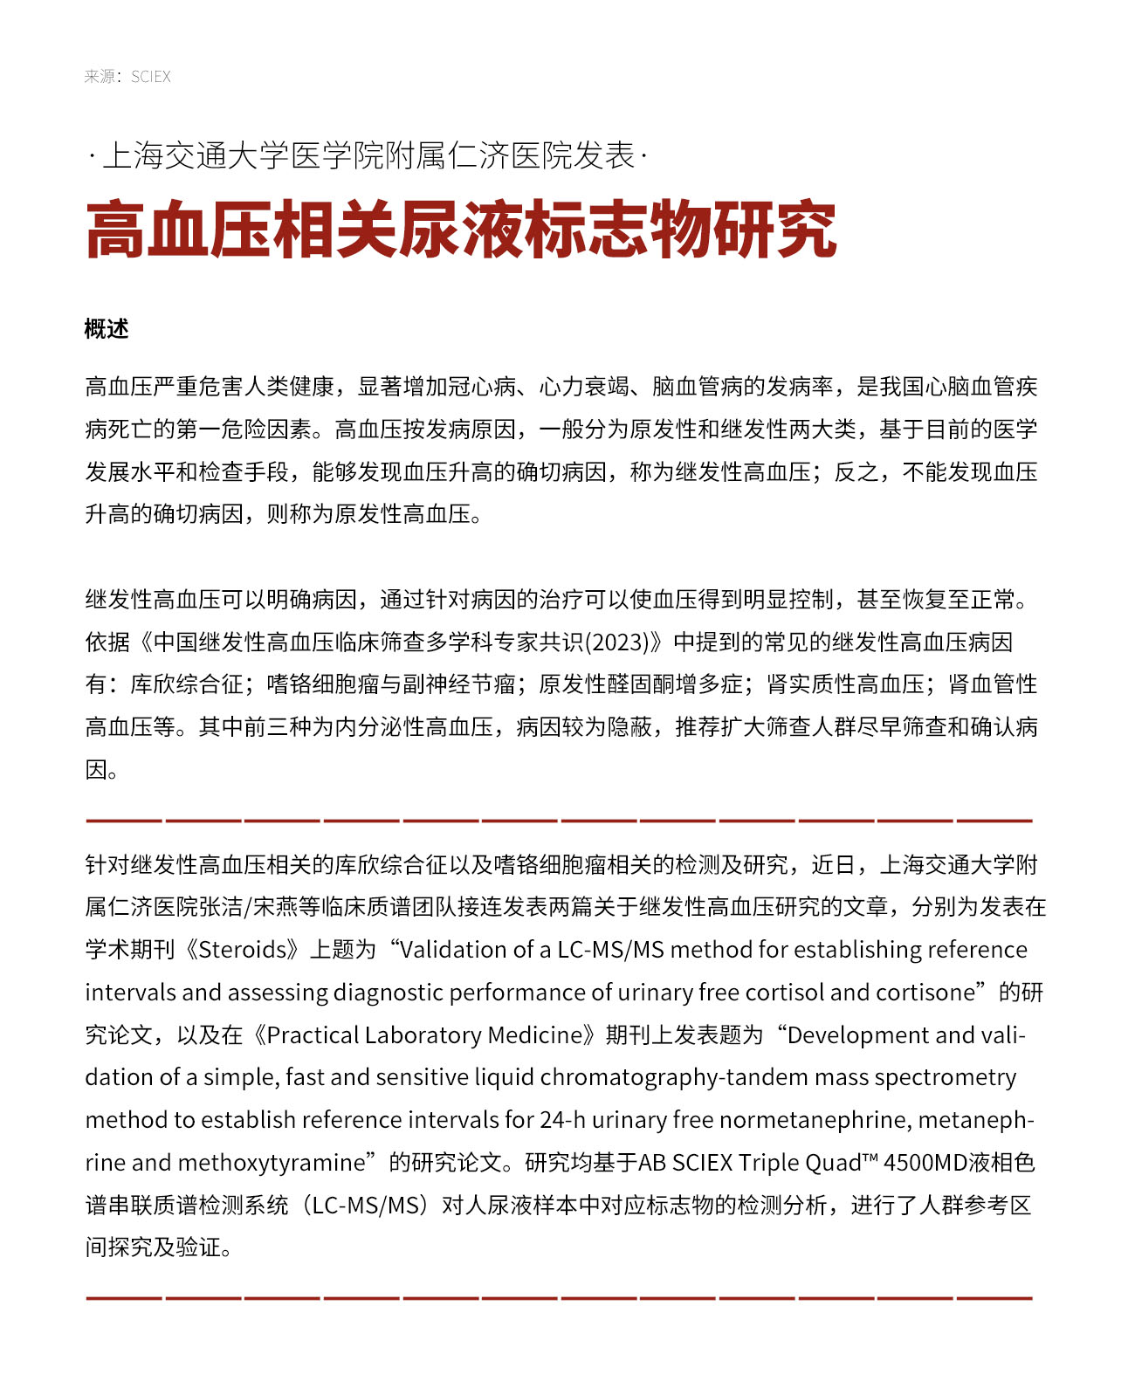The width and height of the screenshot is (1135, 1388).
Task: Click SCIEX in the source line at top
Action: [151, 77]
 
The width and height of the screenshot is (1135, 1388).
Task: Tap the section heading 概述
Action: [107, 329]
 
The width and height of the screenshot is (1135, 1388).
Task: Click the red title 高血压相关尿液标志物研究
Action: [461, 230]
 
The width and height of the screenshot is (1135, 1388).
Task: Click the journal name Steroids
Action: [244, 950]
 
